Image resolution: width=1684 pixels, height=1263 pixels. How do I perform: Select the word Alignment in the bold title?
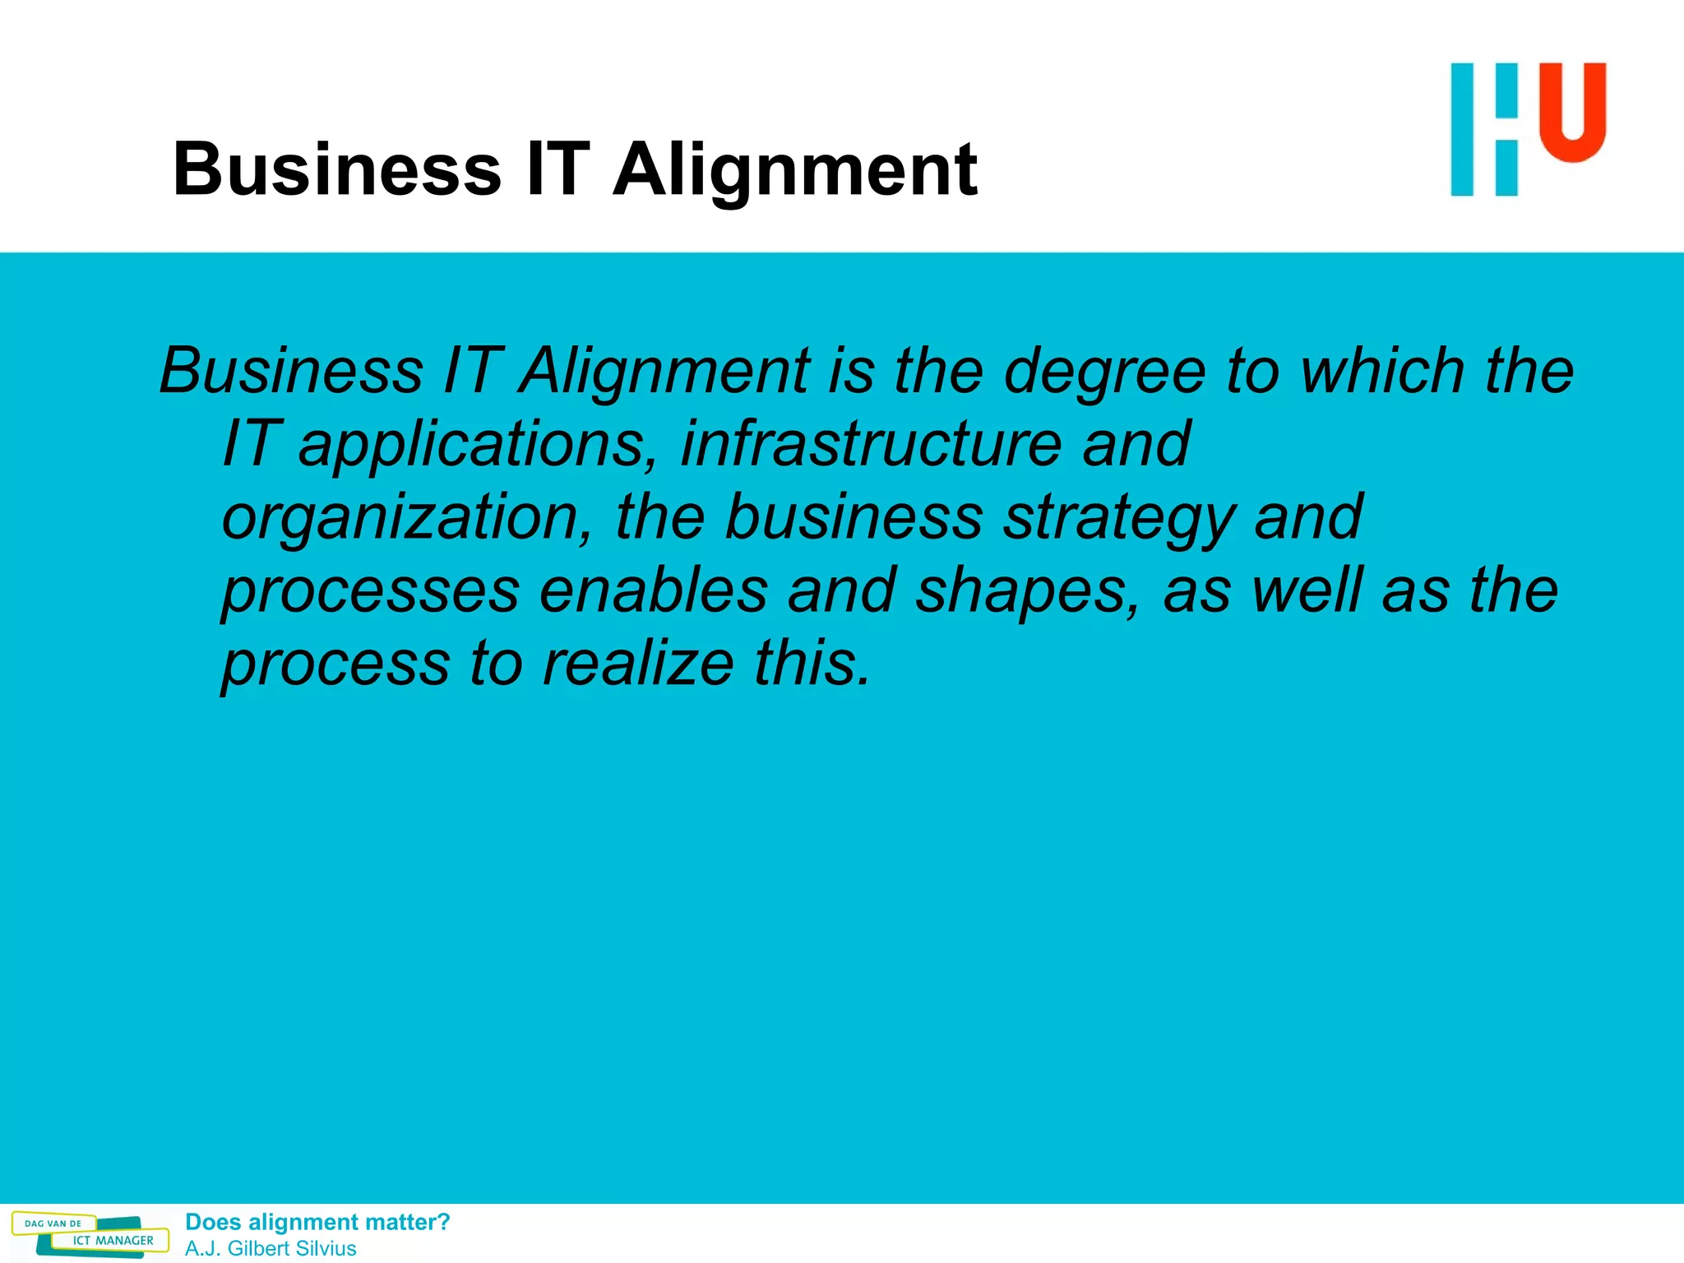tap(795, 170)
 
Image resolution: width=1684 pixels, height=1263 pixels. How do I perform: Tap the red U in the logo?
tap(1572, 110)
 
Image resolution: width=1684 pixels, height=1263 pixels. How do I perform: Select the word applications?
tap(478, 445)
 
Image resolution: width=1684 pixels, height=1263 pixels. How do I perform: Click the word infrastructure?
tap(871, 443)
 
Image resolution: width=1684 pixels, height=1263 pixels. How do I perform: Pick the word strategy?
tap(1119, 518)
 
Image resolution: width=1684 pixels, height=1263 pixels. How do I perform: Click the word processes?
tap(370, 591)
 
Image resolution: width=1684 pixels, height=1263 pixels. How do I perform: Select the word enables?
tap(654, 590)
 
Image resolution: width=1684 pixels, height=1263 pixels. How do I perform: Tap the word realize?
tap(638, 663)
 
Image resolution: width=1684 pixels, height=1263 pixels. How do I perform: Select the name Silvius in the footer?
tap(323, 1248)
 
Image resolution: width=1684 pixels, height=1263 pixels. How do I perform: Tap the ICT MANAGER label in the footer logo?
tap(113, 1241)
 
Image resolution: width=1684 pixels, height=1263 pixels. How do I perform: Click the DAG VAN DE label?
tap(53, 1224)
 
